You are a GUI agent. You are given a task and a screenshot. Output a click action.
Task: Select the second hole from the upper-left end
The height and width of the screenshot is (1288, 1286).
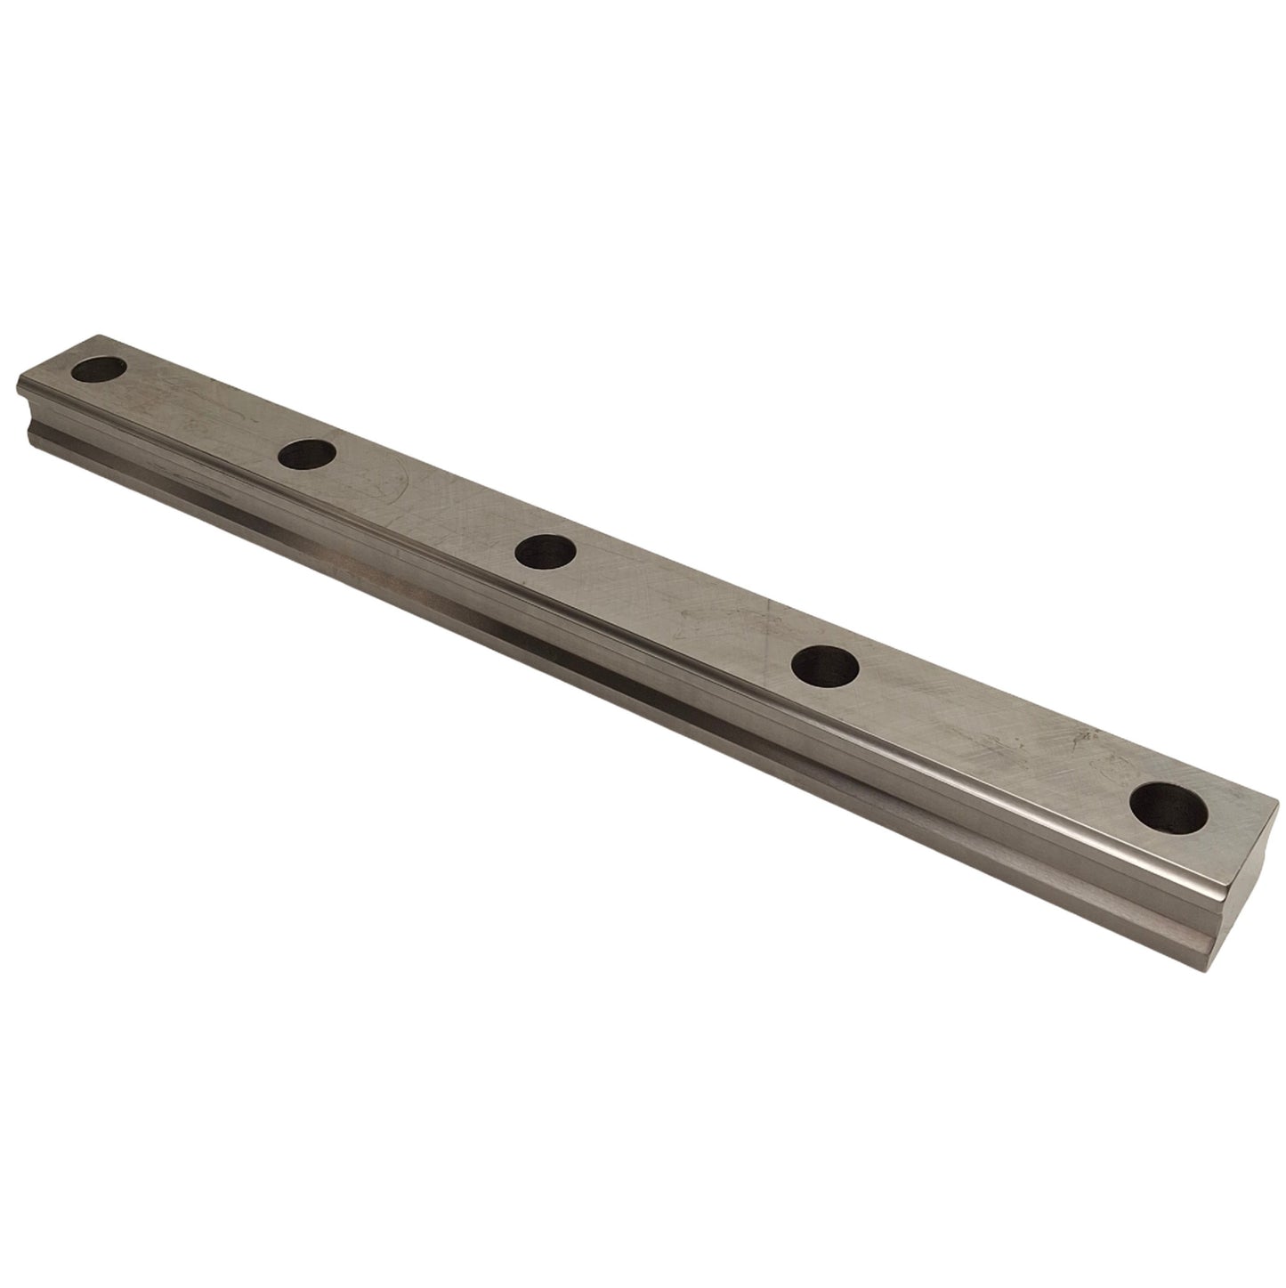306,455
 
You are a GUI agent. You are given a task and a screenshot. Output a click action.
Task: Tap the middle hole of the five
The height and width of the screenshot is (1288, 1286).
545,551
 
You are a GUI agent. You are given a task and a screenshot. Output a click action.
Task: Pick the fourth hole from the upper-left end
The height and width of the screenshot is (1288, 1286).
824,665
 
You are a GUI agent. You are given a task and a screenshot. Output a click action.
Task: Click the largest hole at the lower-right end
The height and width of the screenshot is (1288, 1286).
1169,806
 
